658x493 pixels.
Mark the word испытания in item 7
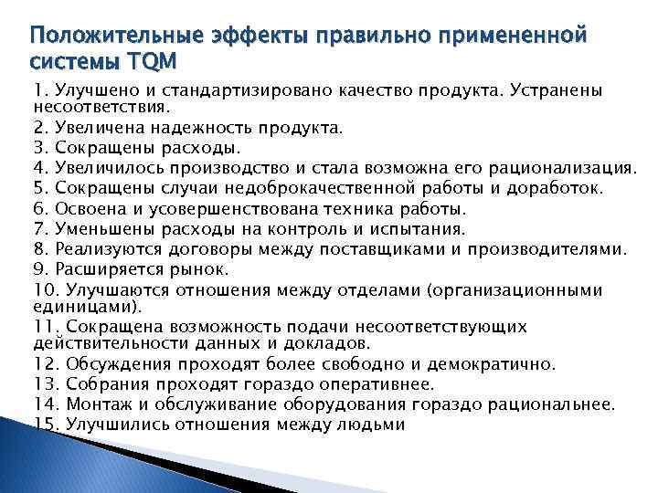tap(420, 228)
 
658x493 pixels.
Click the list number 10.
tap(45, 290)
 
